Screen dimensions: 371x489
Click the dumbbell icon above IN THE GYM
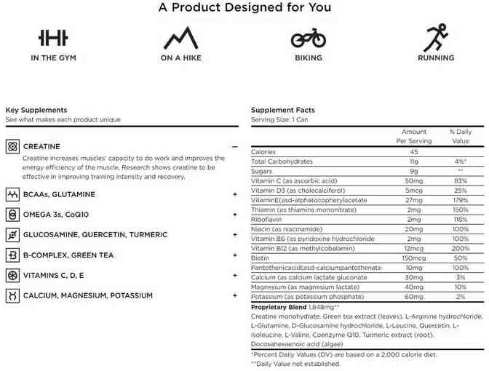pyautogui.click(x=53, y=37)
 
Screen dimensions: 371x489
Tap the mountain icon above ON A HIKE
pyautogui.click(x=180, y=37)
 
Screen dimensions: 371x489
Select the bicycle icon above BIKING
pyautogui.click(x=309, y=37)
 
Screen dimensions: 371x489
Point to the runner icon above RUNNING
pyautogui.click(x=436, y=37)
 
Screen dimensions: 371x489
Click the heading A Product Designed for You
pyautogui.click(x=244, y=8)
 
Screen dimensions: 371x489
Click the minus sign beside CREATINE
pyautogui.click(x=235, y=146)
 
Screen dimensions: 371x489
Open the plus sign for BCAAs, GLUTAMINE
pyautogui.click(x=235, y=194)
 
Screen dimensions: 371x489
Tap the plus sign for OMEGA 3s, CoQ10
pyautogui.click(x=235, y=215)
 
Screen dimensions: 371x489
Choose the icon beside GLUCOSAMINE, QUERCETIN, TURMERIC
pyautogui.click(x=12, y=235)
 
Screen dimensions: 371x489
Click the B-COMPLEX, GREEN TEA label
pyautogui.click(x=69, y=255)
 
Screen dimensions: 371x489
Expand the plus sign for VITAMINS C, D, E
pyautogui.click(x=235, y=276)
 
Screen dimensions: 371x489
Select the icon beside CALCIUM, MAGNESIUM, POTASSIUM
pyautogui.click(x=12, y=295)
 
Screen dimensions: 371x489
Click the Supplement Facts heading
pyautogui.click(x=283, y=110)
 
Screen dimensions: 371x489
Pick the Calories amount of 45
pyautogui.click(x=414, y=151)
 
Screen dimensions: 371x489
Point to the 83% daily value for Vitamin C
pyautogui.click(x=460, y=180)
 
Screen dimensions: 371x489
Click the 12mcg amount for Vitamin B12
pyautogui.click(x=414, y=248)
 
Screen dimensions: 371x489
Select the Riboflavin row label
pyautogui.click(x=268, y=219)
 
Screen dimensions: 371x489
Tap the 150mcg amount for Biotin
pyautogui.click(x=414, y=258)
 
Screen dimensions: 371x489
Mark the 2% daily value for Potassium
pyautogui.click(x=460, y=297)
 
